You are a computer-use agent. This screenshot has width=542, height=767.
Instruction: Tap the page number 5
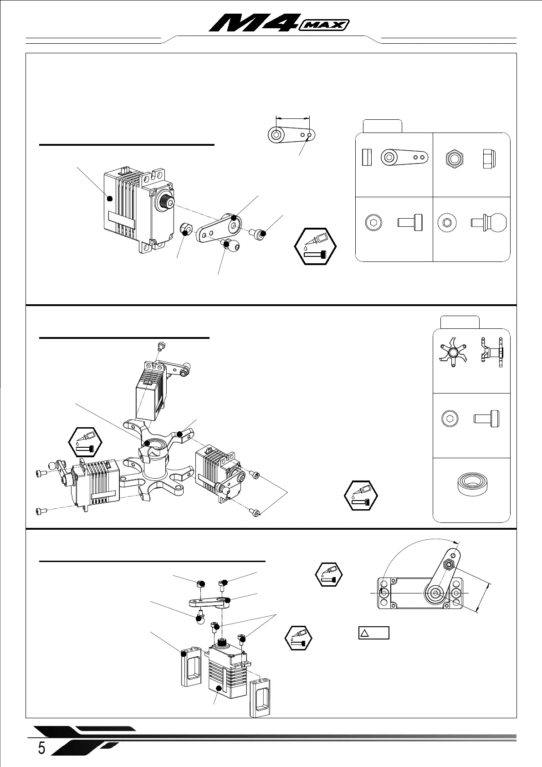click(41, 748)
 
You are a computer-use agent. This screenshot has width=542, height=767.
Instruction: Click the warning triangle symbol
click(365, 633)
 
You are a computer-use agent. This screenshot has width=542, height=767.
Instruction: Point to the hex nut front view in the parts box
click(454, 159)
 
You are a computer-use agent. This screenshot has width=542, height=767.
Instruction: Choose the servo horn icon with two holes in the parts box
click(404, 157)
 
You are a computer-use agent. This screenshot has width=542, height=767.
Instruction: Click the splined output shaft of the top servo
click(164, 203)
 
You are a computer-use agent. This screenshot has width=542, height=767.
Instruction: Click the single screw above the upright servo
click(160, 346)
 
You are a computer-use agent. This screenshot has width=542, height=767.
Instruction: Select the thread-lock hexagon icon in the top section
click(315, 246)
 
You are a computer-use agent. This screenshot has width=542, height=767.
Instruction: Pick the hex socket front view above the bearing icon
click(450, 418)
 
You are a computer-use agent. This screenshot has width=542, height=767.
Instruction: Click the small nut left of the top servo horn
click(185, 229)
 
